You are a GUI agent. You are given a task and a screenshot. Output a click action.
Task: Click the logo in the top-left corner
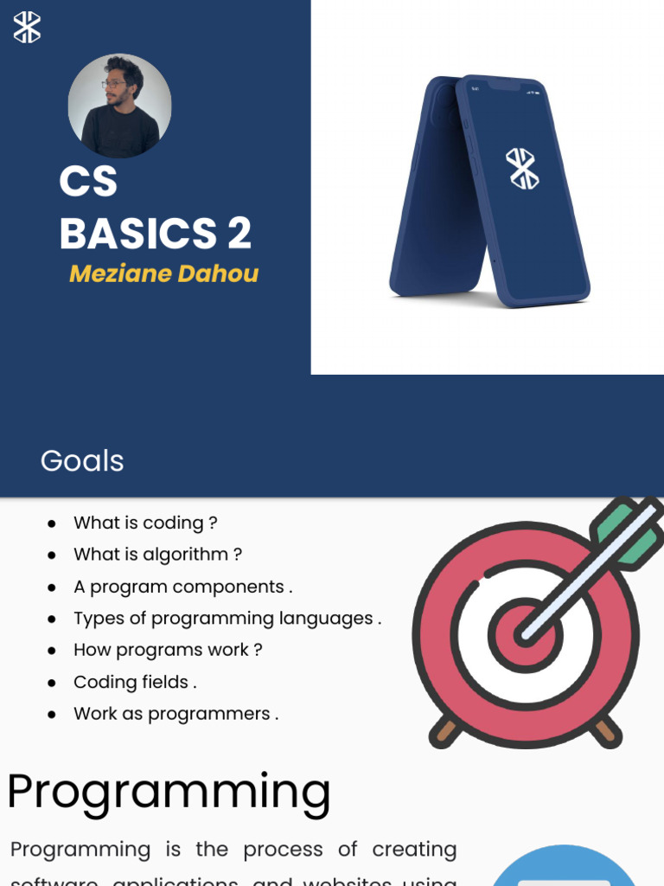point(27,26)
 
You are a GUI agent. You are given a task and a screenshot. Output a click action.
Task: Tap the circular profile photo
point(119,106)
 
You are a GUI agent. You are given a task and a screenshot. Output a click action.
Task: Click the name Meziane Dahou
point(163,273)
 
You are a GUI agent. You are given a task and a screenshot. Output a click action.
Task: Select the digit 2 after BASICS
point(239,234)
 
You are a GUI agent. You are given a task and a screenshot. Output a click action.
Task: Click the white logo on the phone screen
point(522,168)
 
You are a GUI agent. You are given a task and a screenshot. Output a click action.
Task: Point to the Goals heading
point(82,461)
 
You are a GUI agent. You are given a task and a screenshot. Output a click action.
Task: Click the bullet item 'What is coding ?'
point(145,523)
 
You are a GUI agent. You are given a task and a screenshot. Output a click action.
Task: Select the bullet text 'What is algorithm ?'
point(157,555)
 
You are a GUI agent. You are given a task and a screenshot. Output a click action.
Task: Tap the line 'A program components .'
point(182,587)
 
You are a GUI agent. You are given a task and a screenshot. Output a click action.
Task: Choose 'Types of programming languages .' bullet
point(227,619)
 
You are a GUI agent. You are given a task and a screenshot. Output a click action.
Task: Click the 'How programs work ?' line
point(168,650)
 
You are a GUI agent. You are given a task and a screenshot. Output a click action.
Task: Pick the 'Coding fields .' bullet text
point(135,682)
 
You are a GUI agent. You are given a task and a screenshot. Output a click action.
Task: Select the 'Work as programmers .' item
point(176,714)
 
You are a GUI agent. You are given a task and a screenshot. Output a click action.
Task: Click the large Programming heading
point(169,792)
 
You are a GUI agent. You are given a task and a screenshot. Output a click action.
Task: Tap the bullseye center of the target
point(525,635)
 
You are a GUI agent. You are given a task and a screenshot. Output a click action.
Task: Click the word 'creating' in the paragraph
point(414,850)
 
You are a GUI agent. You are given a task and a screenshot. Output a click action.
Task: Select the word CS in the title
point(88,182)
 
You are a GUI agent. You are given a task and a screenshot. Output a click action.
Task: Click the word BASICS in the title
point(138,234)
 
